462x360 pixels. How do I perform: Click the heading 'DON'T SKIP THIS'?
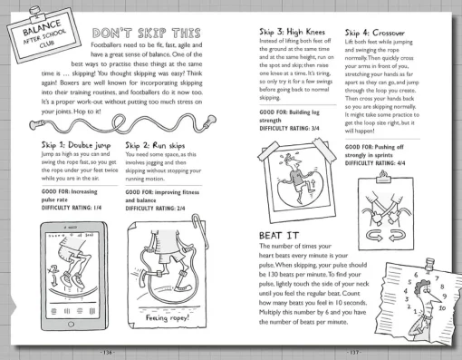point(147,33)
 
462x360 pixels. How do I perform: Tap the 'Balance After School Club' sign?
point(43,35)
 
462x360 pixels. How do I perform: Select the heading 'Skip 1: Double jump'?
point(76,145)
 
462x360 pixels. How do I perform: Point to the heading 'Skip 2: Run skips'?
point(155,146)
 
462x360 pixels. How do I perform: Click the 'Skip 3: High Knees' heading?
point(292,32)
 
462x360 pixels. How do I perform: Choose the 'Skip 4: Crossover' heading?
point(375,33)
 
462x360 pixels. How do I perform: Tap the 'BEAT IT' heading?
point(279,236)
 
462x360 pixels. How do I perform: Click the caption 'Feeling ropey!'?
point(168,317)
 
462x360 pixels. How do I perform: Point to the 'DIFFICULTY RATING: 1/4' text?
point(72,208)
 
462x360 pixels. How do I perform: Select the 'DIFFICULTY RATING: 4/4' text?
point(375,163)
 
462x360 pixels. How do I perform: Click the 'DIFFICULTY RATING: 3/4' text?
point(289,129)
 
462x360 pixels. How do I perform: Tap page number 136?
point(108,353)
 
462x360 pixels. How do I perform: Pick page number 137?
point(353,353)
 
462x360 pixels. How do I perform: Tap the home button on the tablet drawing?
point(71,325)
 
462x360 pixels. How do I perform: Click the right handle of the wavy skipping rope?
point(210,121)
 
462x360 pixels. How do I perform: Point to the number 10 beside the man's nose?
point(442,308)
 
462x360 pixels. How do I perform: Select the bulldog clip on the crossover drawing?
point(383,178)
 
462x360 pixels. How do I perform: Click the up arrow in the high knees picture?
point(313,184)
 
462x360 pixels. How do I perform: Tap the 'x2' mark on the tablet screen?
point(53,270)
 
